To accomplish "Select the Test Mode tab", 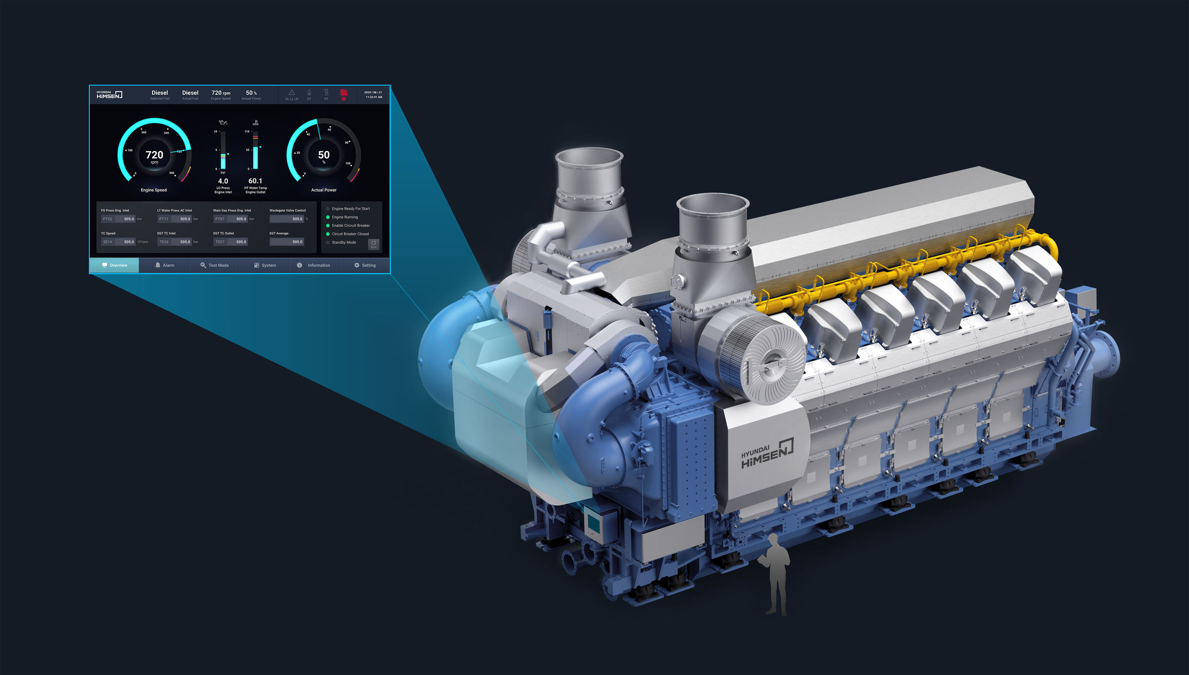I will click(x=214, y=265).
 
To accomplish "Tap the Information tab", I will click(x=314, y=265).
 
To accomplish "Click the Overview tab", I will click(x=114, y=265).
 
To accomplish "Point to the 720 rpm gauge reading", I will click(x=154, y=156).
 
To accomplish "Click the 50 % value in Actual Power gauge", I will click(x=324, y=156).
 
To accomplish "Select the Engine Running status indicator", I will click(x=344, y=217).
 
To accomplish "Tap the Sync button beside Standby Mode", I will click(x=373, y=244).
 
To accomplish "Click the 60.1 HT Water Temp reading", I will click(x=255, y=181).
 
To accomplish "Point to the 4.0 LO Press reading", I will click(x=222, y=181).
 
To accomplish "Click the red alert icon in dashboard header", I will click(x=343, y=94).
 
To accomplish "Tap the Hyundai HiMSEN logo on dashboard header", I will click(x=109, y=94).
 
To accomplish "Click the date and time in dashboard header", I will click(x=373, y=94).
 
